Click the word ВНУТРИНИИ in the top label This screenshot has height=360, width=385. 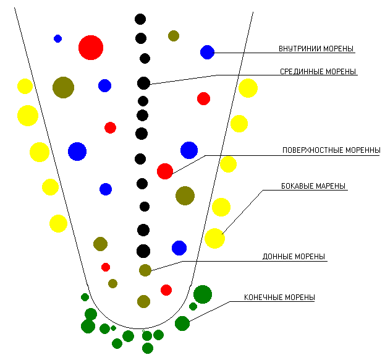coord(297,48)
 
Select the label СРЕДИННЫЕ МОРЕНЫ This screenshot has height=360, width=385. coord(318,71)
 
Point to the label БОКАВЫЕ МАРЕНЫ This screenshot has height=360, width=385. coord(314,186)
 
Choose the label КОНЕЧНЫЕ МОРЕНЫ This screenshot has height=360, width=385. coord(279,298)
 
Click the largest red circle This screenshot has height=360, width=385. coord(91,48)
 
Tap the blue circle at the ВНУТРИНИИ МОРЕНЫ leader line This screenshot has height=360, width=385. coord(207,52)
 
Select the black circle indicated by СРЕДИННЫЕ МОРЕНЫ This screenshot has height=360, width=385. coord(143,83)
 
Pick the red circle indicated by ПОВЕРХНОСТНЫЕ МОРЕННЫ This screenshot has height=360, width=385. coord(165,171)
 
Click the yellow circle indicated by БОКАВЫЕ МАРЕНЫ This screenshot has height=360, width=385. coord(214,238)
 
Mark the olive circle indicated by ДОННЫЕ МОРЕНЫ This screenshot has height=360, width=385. coord(145,270)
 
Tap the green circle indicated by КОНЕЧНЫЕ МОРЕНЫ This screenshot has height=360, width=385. coord(182,323)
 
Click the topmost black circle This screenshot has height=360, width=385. coord(140,19)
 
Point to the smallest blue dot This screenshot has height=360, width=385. coord(57,38)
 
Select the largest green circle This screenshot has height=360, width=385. coord(203,294)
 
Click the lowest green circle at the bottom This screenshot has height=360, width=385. coord(148,348)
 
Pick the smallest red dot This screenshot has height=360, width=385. coord(106,267)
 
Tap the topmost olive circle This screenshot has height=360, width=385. coord(174,36)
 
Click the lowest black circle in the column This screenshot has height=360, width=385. coord(143,251)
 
